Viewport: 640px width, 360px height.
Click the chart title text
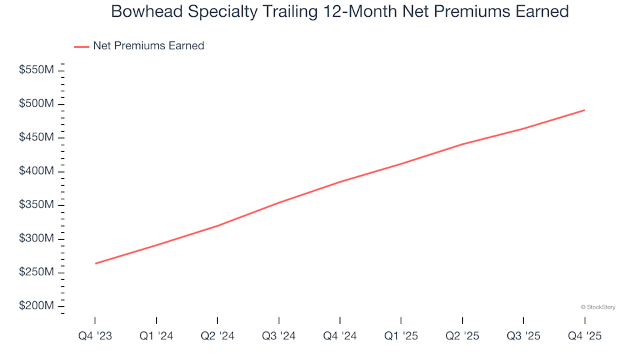(339, 11)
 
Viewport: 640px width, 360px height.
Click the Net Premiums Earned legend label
(148, 46)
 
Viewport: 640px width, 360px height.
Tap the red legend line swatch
(81, 46)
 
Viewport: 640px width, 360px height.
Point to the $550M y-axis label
(36, 70)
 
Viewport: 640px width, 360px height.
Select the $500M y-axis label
(36, 104)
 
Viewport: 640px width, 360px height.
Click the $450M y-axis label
(36, 137)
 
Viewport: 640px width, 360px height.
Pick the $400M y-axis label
(36, 171)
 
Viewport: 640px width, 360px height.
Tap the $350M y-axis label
(36, 205)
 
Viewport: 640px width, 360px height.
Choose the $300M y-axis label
(36, 239)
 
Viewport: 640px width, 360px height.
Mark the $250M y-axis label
(36, 272)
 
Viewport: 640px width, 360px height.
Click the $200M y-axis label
(36, 306)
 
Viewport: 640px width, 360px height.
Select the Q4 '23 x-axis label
(95, 336)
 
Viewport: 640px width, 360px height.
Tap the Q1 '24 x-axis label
(156, 336)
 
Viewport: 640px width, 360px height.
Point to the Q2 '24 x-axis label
(217, 336)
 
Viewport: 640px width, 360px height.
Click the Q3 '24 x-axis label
(279, 336)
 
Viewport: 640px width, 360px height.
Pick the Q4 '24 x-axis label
(340, 336)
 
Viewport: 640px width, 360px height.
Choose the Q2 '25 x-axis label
(462, 336)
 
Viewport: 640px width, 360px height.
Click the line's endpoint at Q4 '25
(585, 110)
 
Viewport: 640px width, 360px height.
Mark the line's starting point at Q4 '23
(95, 263)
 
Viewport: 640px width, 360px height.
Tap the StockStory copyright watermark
(598, 307)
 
